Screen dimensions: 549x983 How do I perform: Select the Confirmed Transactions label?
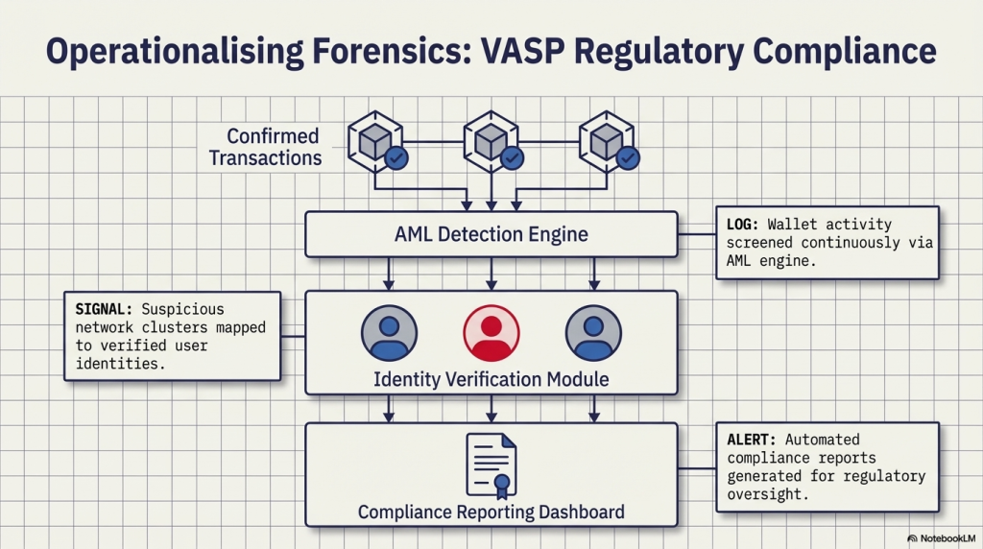tap(266, 147)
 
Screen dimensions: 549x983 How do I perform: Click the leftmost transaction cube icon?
tap(372, 140)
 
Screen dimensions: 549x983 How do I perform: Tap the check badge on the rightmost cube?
tap(629, 157)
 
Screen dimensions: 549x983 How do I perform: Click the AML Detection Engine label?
tap(491, 234)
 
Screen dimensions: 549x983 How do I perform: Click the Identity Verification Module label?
tap(491, 379)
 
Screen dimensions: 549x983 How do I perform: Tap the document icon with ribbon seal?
tap(491, 464)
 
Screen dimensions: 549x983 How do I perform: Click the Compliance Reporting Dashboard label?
tap(491, 512)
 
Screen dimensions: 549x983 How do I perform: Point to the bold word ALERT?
tap(748, 440)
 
